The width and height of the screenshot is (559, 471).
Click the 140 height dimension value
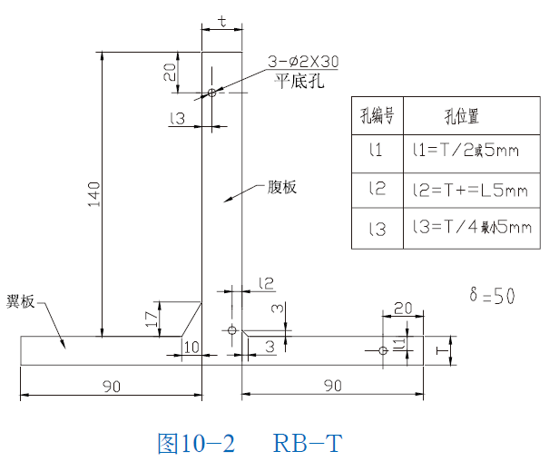pyautogui.click(x=94, y=191)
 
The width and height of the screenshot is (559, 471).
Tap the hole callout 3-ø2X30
pyautogui.click(x=302, y=63)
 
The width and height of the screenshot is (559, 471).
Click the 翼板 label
pyautogui.click(x=20, y=301)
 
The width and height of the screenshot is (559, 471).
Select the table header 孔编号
pyautogui.click(x=377, y=116)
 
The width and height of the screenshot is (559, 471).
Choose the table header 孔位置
pyautogui.click(x=461, y=116)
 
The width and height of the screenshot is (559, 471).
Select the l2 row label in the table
pyautogui.click(x=378, y=190)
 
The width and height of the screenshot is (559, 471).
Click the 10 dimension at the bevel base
pyautogui.click(x=191, y=347)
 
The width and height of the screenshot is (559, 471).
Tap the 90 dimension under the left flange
pyautogui.click(x=111, y=386)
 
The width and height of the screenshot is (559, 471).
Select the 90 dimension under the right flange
pyautogui.click(x=332, y=386)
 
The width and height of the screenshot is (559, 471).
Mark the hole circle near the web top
pyautogui.click(x=211, y=93)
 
